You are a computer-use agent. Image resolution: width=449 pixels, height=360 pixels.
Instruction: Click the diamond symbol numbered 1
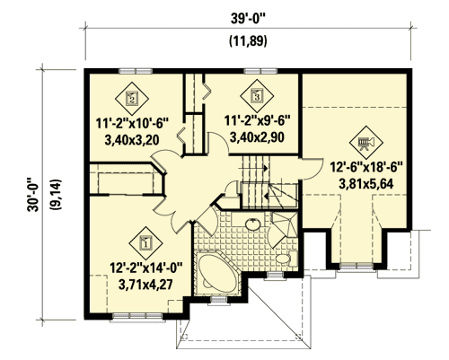pyautogui.click(x=144, y=241)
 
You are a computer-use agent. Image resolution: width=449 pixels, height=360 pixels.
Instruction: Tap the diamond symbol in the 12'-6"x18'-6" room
pyautogui.click(x=365, y=143)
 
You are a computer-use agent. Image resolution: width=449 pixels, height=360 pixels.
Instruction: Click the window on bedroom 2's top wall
pyautogui.click(x=135, y=69)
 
